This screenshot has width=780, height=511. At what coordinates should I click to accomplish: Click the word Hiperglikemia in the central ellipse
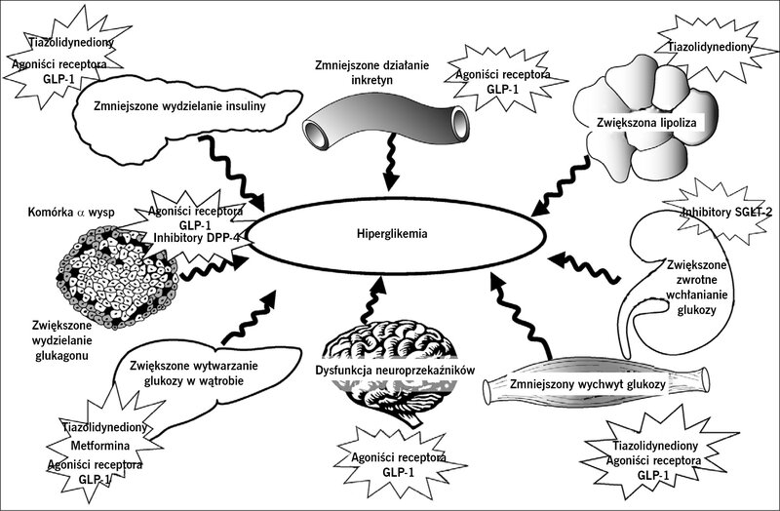pos(392,233)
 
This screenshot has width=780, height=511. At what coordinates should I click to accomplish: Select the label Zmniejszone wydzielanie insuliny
pos(179,106)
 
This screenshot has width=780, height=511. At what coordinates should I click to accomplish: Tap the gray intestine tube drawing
pos(386,122)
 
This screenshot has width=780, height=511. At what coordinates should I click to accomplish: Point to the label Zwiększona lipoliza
pos(646,123)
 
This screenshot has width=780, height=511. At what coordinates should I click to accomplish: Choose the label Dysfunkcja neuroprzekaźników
pos(396,371)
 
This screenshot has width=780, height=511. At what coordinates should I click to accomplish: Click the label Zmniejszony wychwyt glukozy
pos(588,384)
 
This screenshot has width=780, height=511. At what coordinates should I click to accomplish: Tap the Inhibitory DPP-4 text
pos(197,238)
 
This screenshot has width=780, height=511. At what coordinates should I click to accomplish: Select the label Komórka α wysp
pos(71,212)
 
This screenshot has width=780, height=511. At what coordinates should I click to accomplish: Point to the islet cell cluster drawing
pos(117,277)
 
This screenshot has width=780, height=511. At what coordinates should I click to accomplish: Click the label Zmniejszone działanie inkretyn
pos(371,72)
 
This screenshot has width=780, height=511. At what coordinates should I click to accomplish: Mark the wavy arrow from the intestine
pos(392,161)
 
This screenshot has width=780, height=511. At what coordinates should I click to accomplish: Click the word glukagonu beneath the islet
pos(62,355)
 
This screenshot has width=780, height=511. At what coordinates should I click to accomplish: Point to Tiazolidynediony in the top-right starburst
pos(710,47)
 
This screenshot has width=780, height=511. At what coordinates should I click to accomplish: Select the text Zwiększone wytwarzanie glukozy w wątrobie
pos(194,373)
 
